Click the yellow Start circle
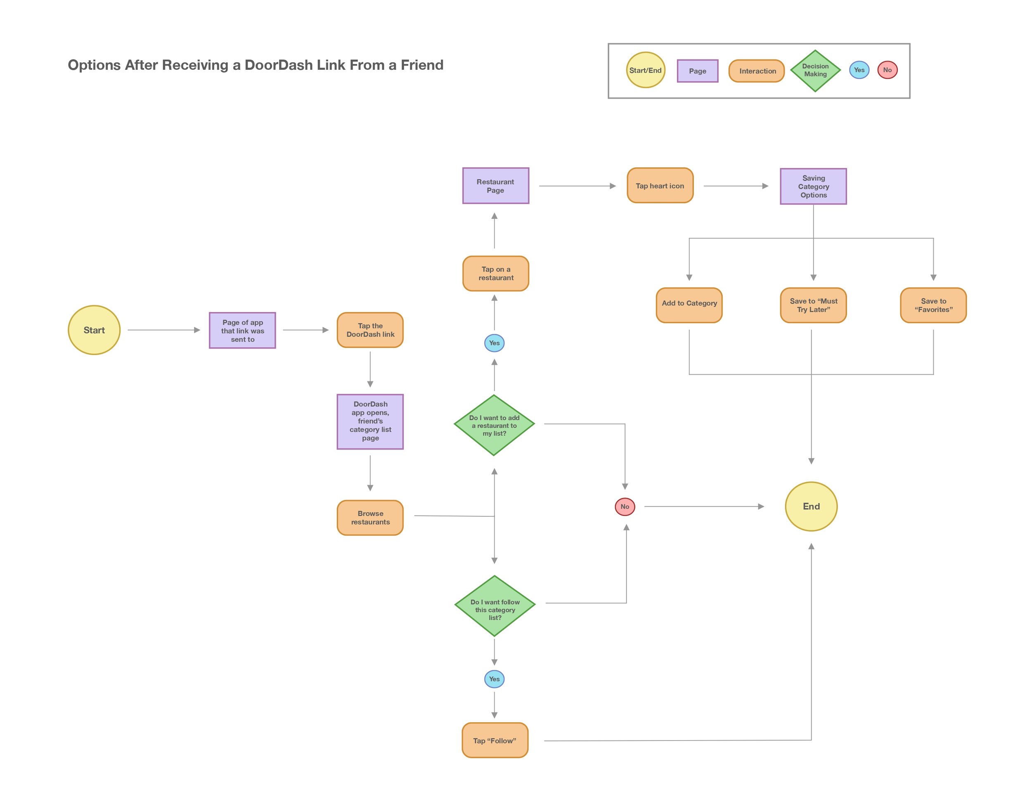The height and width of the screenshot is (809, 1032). tap(94, 330)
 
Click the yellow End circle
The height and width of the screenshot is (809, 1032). tap(811, 506)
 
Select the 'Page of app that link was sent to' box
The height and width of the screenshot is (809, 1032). tap(242, 331)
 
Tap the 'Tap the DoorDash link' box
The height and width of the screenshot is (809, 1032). tap(370, 330)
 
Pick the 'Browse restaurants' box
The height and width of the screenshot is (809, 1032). tap(370, 518)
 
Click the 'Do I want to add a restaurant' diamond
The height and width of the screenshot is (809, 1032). tap(494, 425)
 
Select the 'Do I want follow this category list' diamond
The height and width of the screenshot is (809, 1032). tap(495, 606)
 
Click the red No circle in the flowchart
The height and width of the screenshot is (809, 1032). tap(625, 506)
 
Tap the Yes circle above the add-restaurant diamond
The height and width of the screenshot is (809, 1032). tap(494, 343)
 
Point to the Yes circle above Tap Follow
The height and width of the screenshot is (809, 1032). tap(494, 679)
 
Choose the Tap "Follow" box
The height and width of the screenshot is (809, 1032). tap(495, 740)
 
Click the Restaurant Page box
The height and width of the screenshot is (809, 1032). tap(495, 186)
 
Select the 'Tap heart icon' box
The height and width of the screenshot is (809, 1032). tap(660, 186)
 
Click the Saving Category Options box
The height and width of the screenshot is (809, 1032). tap(813, 186)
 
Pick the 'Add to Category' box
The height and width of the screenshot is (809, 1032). tap(689, 305)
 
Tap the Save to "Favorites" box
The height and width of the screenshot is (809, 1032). tap(933, 305)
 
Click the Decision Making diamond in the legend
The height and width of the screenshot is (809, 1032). tap(815, 71)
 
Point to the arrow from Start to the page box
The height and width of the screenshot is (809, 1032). tap(163, 330)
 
